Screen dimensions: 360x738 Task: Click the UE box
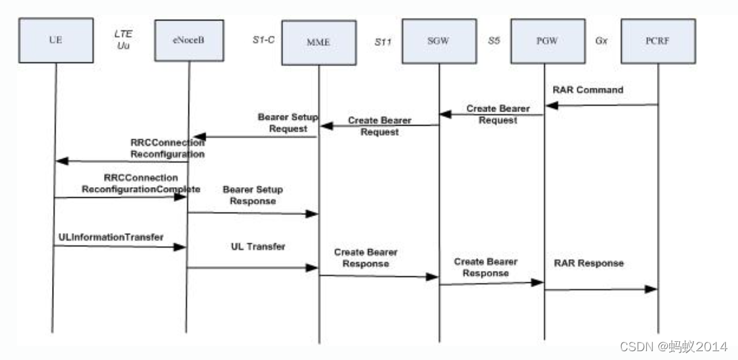(55, 40)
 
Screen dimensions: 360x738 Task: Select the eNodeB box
(188, 40)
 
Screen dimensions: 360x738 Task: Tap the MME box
(319, 43)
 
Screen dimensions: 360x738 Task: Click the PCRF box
(658, 41)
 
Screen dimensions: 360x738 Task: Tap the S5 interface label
(494, 41)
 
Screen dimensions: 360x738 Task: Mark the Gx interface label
(601, 41)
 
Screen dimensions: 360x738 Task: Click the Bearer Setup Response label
(253, 195)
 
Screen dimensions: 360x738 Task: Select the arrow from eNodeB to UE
(122, 161)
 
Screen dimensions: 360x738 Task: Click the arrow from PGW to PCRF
(601, 289)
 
